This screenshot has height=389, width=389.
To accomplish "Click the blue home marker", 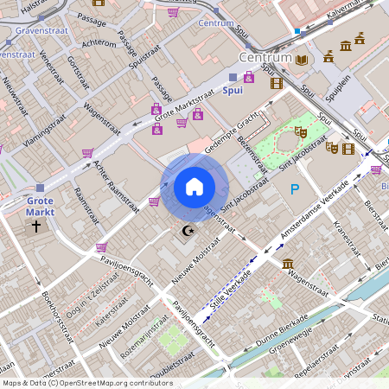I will click(194, 187).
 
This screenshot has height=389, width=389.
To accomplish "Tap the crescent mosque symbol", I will click(188, 232).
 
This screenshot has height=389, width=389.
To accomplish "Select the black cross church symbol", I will click(36, 226).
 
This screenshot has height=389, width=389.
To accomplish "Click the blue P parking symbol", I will click(295, 190).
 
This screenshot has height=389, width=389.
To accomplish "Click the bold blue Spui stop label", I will click(233, 90).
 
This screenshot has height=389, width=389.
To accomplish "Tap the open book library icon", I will click(302, 60).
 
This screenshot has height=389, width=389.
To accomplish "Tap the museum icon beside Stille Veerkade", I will click(287, 264).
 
